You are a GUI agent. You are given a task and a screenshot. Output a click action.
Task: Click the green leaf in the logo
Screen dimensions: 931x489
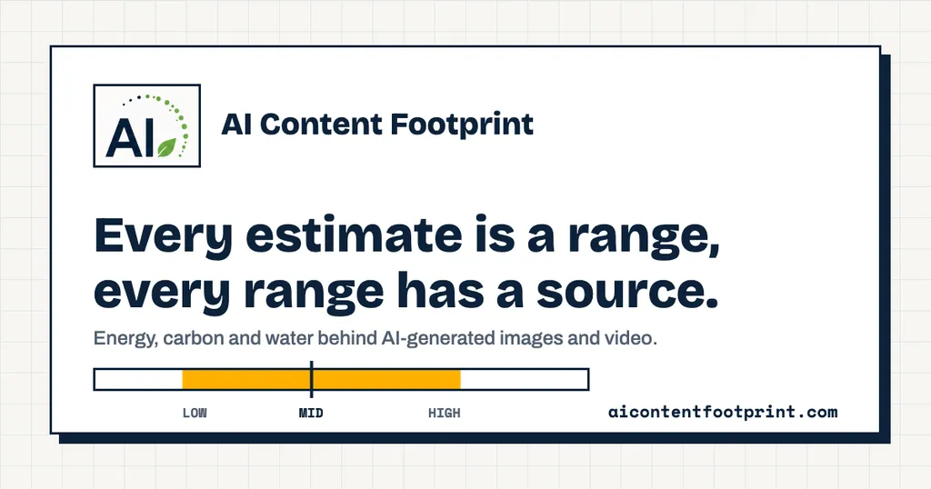[167, 148]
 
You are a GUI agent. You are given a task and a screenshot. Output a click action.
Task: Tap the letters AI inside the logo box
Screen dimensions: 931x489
[131, 137]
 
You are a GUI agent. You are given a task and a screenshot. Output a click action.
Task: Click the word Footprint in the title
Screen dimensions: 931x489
[462, 125]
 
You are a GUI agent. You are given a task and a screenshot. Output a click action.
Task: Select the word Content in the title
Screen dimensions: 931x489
[321, 124]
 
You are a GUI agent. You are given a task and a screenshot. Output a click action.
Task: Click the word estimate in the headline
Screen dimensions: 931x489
[354, 235]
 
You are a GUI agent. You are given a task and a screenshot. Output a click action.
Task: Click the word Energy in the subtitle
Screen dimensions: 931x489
[125, 339]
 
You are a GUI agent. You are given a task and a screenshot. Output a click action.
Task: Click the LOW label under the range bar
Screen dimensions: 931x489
[195, 413]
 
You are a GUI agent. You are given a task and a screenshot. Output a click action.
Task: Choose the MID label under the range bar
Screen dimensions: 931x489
[311, 413]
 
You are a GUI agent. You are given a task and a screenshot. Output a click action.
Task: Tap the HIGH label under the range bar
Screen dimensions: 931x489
[444, 413]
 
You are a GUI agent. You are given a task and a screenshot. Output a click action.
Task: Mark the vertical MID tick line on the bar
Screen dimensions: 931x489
[312, 379]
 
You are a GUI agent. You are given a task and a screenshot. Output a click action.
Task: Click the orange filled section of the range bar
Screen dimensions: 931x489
[321, 379]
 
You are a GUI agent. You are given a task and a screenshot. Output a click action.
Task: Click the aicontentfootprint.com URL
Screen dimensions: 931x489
[723, 412]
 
